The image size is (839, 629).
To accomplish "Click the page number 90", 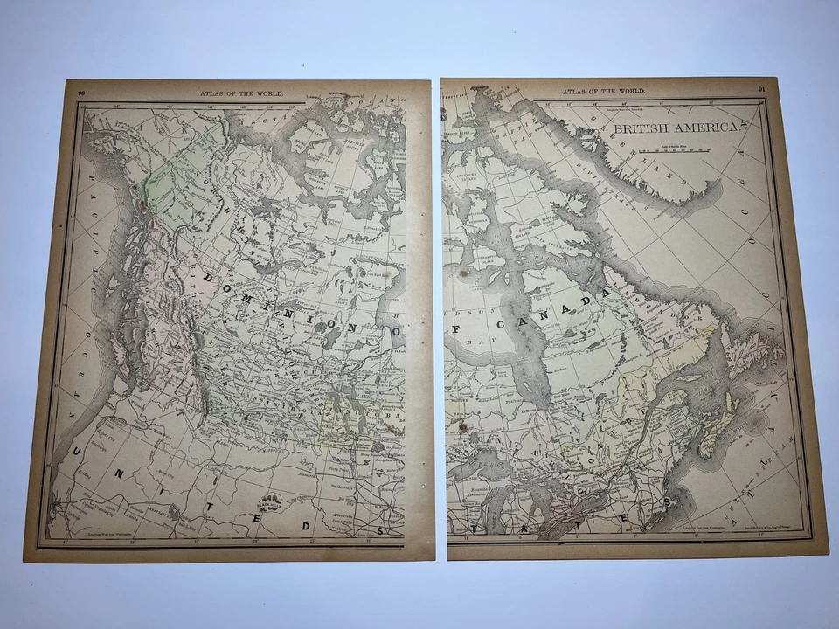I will (x=81, y=92).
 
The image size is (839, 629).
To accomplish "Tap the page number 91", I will (x=761, y=90).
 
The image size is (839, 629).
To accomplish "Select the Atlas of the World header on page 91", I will (x=617, y=90).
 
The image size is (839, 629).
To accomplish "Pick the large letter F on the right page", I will (x=458, y=329).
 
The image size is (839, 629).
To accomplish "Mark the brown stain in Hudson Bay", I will (x=464, y=274).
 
